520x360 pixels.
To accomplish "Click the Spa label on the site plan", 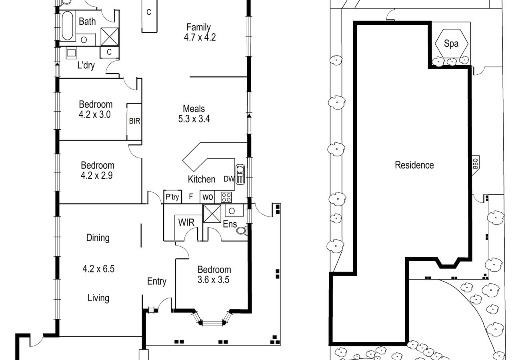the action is (451, 44).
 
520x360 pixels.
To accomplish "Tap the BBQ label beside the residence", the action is (475, 164).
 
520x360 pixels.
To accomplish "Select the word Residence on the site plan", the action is (414, 165).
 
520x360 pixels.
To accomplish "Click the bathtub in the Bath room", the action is (68, 26).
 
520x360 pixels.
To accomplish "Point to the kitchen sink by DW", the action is (240, 174).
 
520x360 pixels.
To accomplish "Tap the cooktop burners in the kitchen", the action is (226, 197).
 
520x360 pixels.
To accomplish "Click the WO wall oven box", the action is (207, 197).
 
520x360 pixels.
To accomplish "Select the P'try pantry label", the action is (172, 197).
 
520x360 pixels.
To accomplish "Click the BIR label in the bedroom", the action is (135, 121).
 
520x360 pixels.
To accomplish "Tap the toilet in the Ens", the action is (242, 230).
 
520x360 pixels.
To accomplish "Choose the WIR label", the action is (186, 222).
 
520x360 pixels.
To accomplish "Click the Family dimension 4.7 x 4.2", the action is (200, 37).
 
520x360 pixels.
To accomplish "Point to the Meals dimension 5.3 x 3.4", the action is (194, 119).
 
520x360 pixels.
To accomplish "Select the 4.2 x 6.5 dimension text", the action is (98, 269).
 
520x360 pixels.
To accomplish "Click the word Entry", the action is (157, 282).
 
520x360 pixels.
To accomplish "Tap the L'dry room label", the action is (86, 66).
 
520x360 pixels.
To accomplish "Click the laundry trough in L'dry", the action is (71, 53).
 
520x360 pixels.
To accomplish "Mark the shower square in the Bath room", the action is (110, 37).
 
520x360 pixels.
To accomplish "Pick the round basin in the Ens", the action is (232, 211).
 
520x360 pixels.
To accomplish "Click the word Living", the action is (98, 298).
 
